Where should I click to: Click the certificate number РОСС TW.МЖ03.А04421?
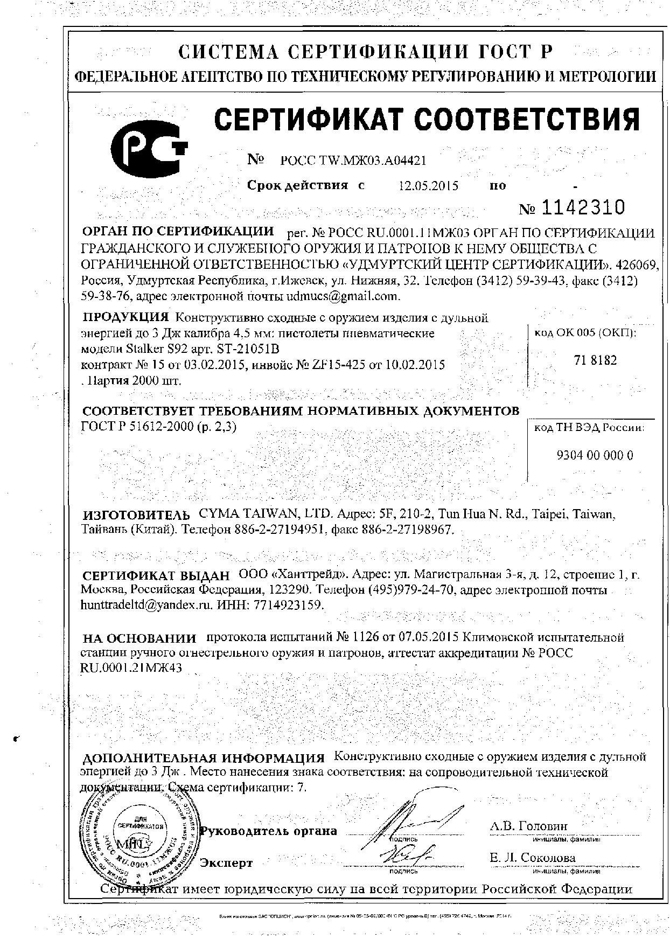(353, 161)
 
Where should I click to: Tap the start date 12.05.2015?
(428, 186)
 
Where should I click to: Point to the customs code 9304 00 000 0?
(594, 455)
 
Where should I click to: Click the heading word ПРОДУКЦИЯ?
(126, 317)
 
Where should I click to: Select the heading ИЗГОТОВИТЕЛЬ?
(136, 514)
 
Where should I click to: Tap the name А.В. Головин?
(528, 826)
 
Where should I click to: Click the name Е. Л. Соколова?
(532, 857)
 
